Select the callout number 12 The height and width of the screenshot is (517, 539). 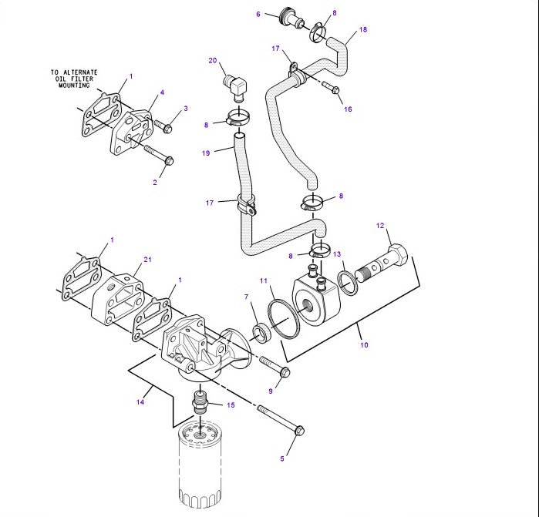(x=379, y=226)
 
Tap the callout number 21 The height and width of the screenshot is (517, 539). (x=148, y=260)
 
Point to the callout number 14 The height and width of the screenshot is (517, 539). (x=141, y=401)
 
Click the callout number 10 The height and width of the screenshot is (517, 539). (x=364, y=345)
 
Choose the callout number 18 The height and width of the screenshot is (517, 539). (x=363, y=29)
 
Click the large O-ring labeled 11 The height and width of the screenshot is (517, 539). (x=283, y=318)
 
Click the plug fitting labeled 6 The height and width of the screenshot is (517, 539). (x=291, y=17)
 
